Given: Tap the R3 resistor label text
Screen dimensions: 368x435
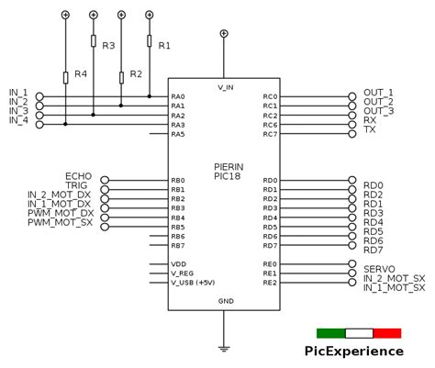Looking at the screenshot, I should [x=108, y=45].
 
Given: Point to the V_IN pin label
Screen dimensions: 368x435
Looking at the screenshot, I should [x=225, y=87].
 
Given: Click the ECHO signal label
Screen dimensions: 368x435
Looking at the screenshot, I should [x=78, y=175].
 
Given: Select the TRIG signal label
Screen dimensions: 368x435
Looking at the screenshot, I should [x=80, y=185].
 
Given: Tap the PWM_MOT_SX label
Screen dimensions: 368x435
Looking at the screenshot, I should [x=60, y=222].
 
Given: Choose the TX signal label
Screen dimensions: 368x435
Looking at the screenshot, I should [x=370, y=129].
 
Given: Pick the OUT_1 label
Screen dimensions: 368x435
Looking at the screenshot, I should [x=378, y=93].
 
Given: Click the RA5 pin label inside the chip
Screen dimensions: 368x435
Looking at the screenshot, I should [x=178, y=135].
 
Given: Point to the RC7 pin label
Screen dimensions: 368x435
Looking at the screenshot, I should [x=270, y=135].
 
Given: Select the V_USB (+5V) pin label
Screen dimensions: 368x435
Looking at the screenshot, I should [x=193, y=283].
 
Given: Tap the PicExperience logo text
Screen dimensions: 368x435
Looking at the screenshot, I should [x=353, y=351].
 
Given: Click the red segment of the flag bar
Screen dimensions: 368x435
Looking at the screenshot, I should [x=387, y=333].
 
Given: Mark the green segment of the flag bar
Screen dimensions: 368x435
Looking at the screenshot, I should [x=330, y=333].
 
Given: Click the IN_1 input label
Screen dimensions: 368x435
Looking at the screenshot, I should [x=18, y=93].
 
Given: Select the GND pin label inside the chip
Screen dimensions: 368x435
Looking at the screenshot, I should [x=226, y=301].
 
